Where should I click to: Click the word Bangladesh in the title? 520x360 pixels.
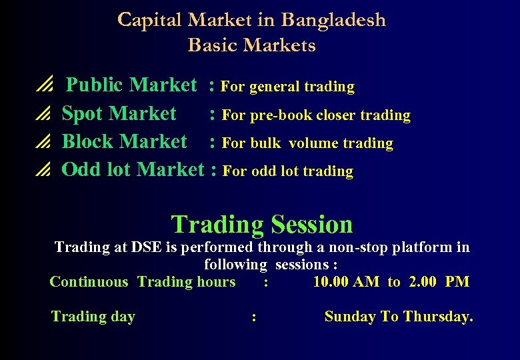point(333,20)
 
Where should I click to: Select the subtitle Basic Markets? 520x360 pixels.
point(251,45)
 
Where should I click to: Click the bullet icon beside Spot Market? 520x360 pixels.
point(43,115)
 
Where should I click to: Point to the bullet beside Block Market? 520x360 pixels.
point(43,143)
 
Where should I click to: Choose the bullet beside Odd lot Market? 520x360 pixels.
point(43,171)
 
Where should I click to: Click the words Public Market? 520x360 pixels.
point(132,85)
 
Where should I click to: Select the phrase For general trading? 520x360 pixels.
point(287,87)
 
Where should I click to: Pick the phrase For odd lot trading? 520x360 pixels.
point(287,171)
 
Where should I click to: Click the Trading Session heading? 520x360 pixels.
point(262,225)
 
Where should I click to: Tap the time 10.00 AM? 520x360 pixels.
point(346,281)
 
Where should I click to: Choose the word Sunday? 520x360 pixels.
point(349,317)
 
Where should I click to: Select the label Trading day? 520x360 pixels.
point(93,317)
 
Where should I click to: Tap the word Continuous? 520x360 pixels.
point(89,281)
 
